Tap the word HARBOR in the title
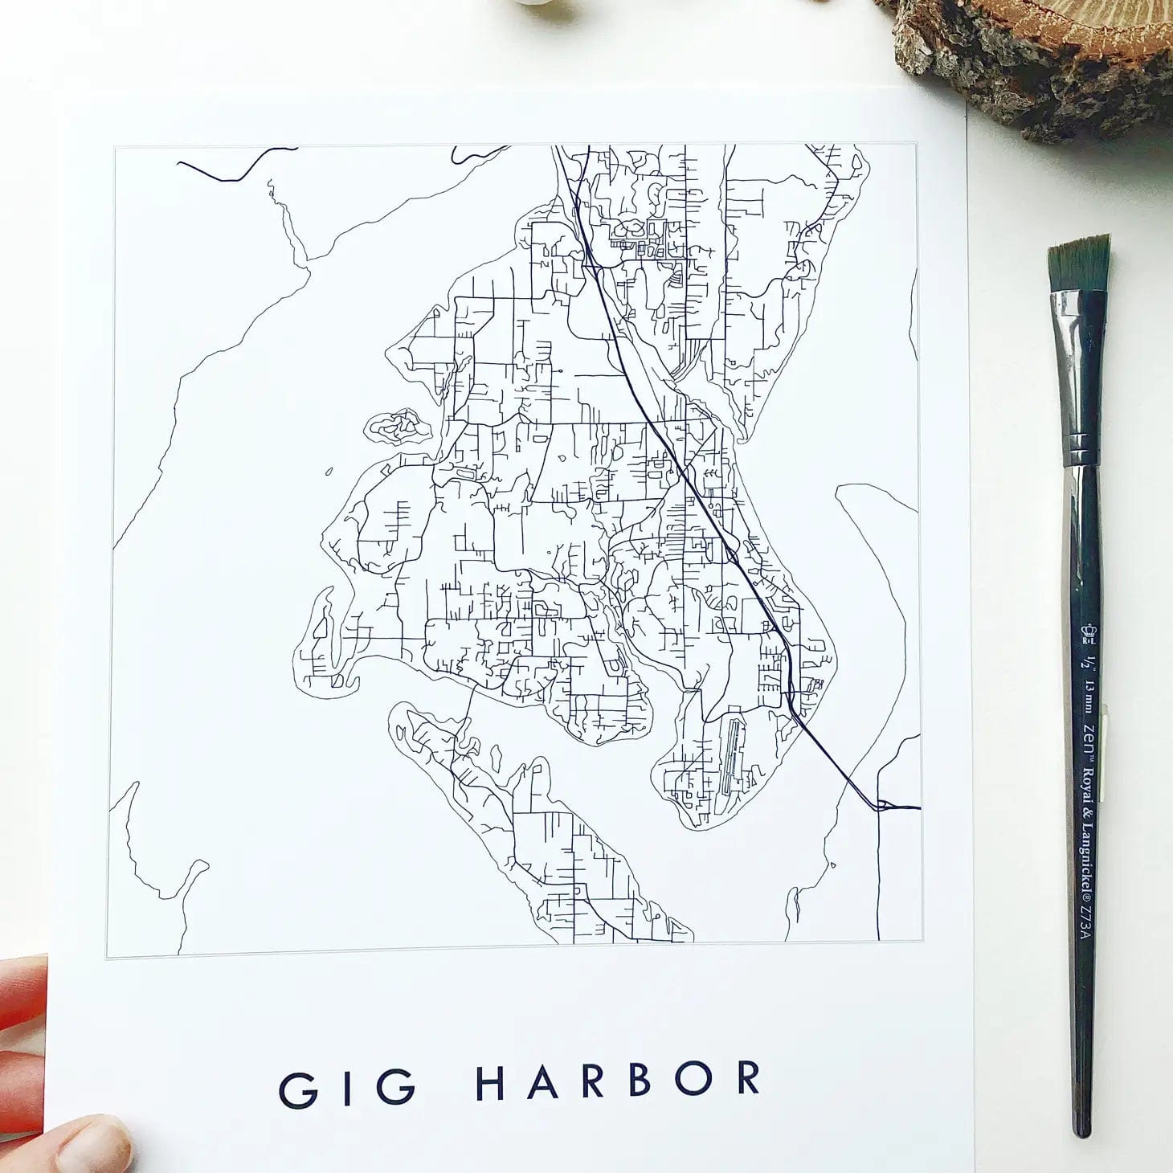coord(618,1081)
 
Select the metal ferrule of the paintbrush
coord(1078,378)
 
